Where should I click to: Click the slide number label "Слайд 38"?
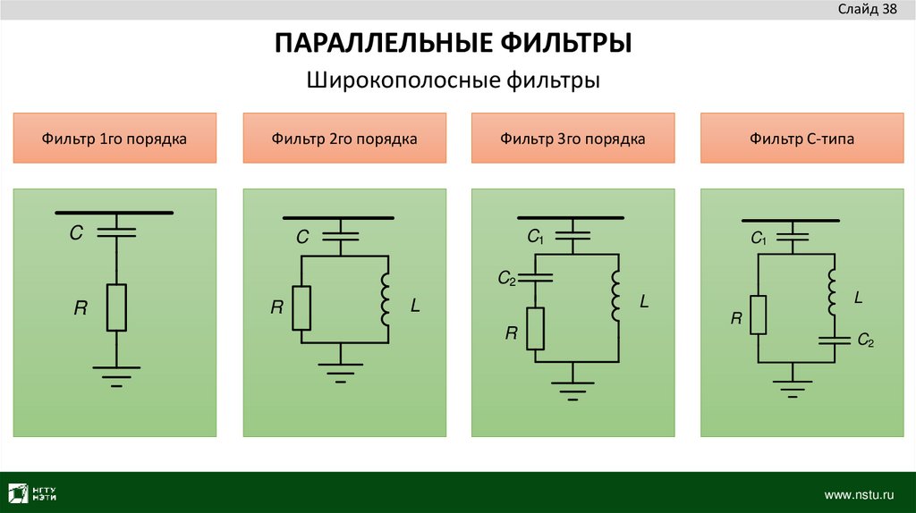867,10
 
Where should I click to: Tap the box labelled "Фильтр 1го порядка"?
114,139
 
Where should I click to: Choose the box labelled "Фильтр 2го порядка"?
343,139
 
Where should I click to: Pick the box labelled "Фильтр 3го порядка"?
572,139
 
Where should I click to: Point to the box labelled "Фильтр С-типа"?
802,139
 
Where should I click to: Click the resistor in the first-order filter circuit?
116,307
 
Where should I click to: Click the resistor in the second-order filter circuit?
302,308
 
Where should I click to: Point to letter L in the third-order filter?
643,303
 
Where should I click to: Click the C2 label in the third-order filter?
507,280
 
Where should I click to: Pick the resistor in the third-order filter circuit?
535,328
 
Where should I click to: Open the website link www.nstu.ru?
859,494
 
